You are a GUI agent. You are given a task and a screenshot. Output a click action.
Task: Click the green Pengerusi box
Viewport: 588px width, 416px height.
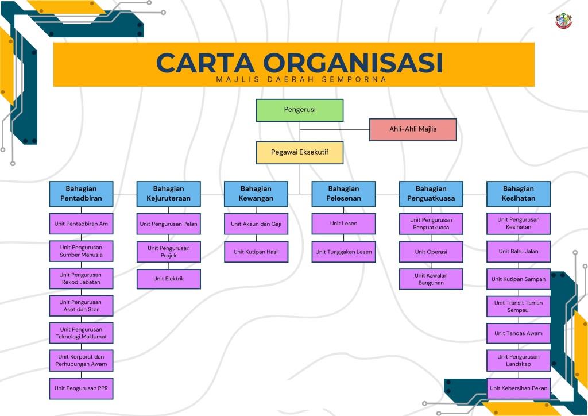point(299,110)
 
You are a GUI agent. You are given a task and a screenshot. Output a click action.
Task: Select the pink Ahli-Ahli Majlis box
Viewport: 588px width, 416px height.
point(412,129)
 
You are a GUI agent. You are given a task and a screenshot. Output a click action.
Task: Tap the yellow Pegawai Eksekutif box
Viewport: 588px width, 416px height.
point(299,153)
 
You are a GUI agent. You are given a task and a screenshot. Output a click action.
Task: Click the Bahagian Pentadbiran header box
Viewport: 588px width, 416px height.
point(81,194)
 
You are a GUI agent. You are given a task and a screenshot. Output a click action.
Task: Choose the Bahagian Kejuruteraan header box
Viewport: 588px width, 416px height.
point(168,194)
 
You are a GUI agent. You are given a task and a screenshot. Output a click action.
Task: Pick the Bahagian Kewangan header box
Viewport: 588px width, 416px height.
point(256,194)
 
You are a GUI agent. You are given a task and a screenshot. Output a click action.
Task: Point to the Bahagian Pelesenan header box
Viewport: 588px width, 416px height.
point(343,194)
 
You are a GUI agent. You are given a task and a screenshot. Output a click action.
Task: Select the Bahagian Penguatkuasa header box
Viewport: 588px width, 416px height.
point(431,194)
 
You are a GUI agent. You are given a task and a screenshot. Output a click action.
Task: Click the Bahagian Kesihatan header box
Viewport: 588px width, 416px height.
point(519,194)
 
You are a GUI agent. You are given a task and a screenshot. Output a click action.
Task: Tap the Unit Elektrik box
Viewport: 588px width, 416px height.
point(168,279)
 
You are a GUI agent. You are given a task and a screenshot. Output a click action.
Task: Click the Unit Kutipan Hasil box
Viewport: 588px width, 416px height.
point(256,252)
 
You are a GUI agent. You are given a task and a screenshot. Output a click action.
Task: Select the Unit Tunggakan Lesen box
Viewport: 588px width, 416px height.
point(343,252)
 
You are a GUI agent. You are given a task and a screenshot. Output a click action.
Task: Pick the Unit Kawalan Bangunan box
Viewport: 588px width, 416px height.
point(431,279)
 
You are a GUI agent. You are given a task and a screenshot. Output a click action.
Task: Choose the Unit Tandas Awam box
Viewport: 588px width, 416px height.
point(519,333)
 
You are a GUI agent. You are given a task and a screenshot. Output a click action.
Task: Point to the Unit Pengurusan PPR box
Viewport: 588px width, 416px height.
point(81,388)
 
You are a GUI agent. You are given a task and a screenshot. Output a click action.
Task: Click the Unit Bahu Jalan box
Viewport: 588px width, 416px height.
point(519,251)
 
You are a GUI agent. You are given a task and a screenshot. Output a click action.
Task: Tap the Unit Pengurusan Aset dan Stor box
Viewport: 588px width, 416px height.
point(81,306)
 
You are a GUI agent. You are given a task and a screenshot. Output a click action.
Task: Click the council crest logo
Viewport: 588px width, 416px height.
point(564,21)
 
